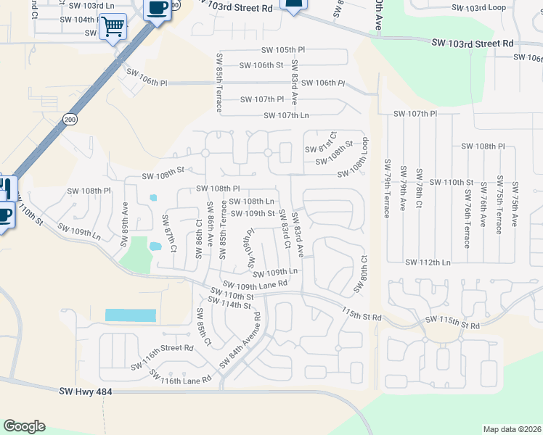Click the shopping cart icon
coord(113,27)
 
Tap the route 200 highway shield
coord(70,119)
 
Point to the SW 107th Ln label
coord(286,115)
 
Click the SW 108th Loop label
coord(360,159)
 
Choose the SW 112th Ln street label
coord(428,262)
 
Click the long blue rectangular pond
coord(131,315)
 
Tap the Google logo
coord(24,426)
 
